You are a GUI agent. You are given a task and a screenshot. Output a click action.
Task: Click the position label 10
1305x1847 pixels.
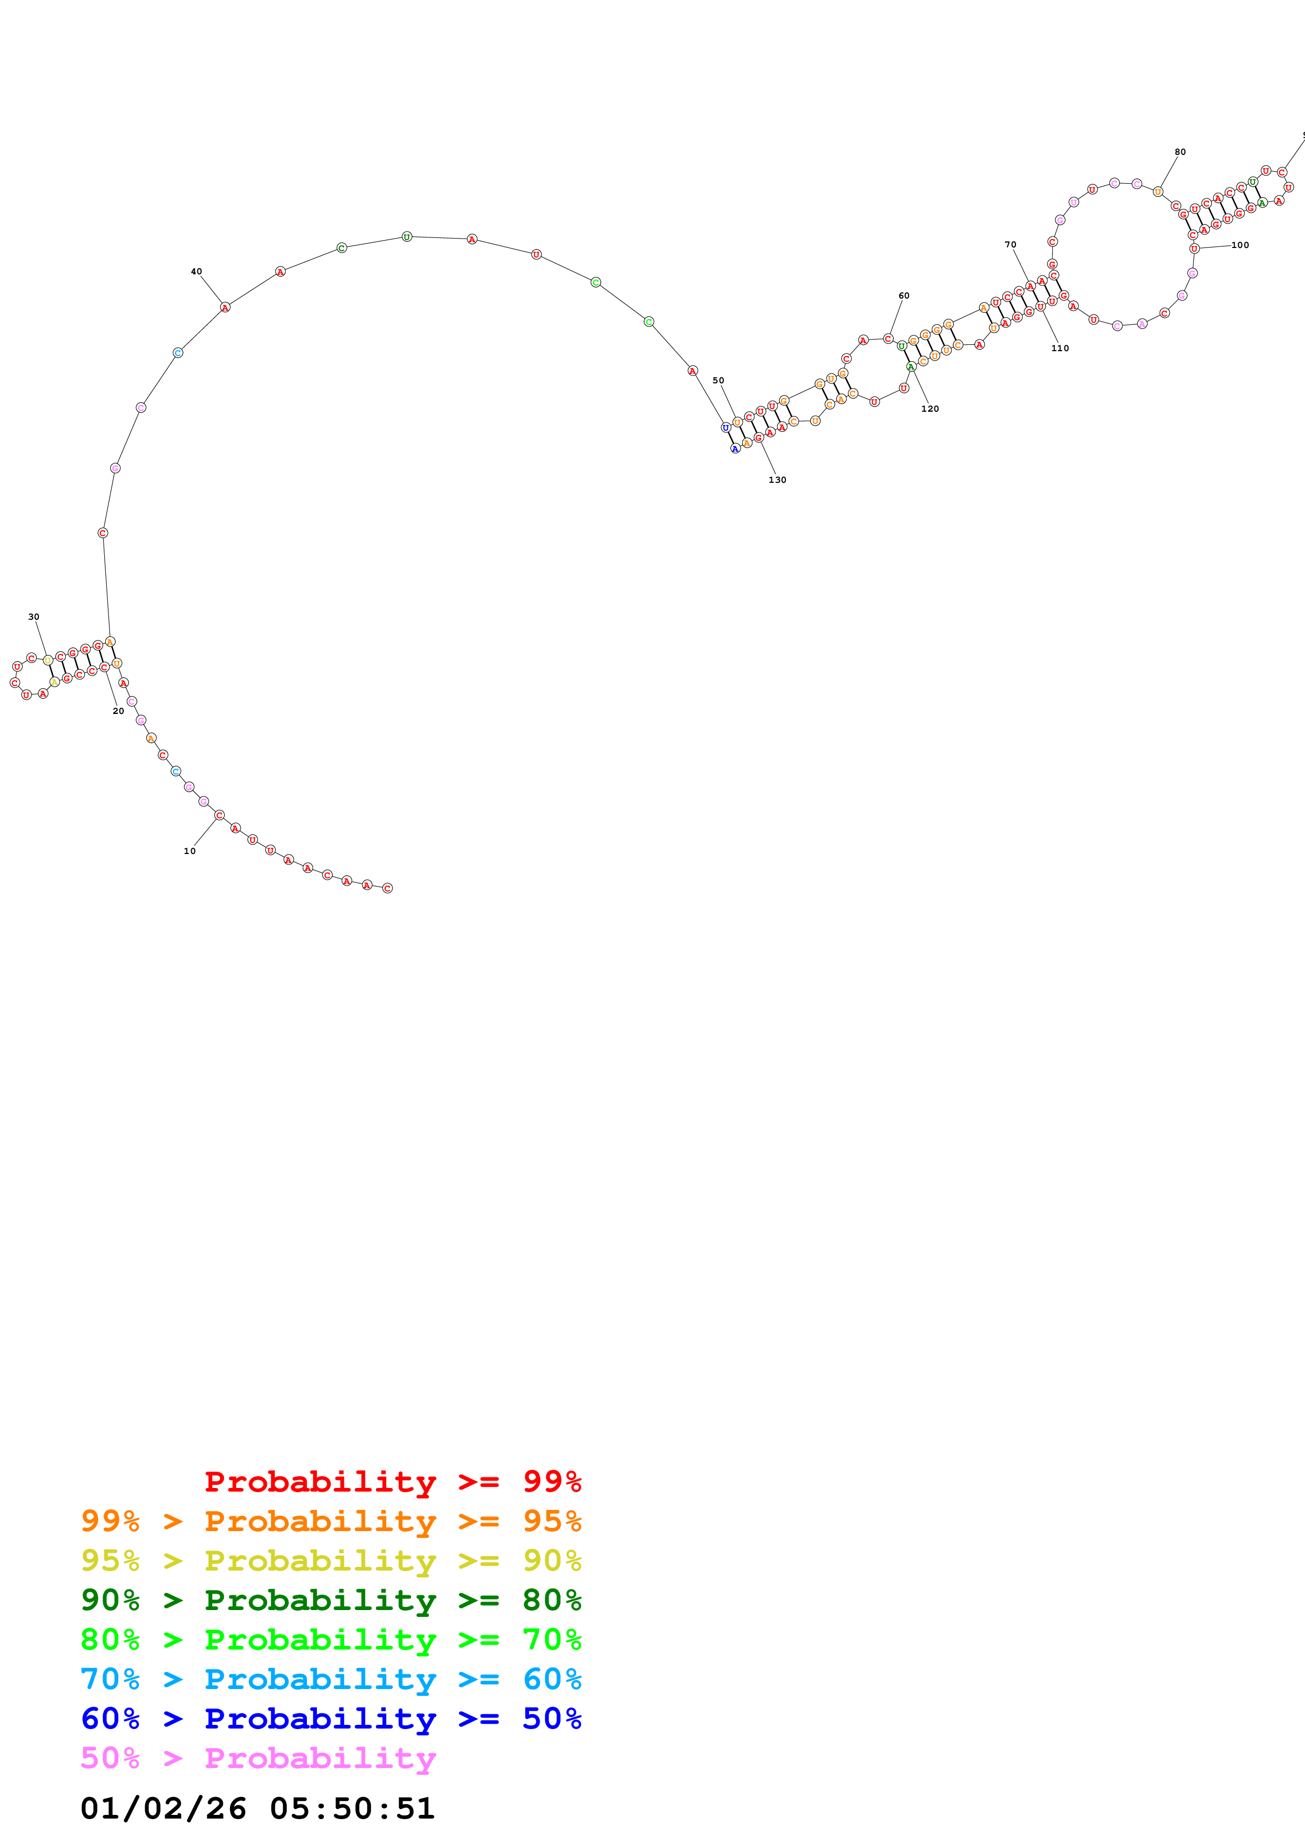[190, 850]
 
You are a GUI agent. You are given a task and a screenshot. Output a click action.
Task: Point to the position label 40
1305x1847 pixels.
[196, 271]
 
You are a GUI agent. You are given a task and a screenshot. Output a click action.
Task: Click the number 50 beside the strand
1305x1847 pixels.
[718, 381]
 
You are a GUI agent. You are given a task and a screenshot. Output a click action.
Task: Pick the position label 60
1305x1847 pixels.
[904, 295]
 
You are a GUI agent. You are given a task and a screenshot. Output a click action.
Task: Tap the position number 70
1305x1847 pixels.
[1010, 244]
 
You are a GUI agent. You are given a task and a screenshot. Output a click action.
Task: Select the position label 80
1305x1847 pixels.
[1180, 152]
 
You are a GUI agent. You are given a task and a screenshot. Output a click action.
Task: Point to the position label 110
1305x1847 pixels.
[1060, 349]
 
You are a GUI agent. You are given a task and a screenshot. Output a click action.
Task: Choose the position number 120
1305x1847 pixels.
[930, 409]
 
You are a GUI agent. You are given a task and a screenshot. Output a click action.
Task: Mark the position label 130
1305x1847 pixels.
[776, 480]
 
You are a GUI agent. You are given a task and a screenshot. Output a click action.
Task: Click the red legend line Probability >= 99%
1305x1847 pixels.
[392, 1482]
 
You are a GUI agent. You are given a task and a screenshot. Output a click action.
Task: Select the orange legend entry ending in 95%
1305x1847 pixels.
[331, 1521]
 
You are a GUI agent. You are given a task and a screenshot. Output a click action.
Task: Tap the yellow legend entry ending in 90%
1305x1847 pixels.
[331, 1561]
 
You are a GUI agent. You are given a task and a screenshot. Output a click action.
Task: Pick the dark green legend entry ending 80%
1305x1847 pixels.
[331, 1600]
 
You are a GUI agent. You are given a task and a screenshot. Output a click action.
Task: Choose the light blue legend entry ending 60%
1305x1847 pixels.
[331, 1679]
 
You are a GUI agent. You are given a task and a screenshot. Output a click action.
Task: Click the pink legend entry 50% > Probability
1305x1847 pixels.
[258, 1757]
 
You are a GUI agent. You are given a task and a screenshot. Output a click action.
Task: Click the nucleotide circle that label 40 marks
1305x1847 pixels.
[225, 307]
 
